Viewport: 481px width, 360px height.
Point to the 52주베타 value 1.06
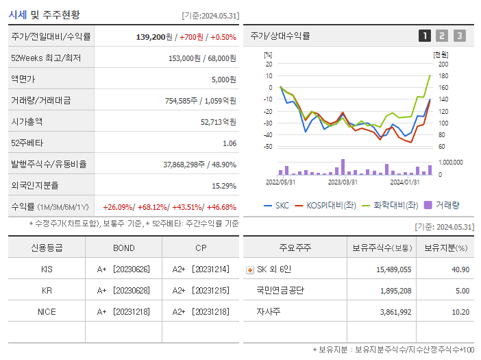pyautogui.click(x=229, y=143)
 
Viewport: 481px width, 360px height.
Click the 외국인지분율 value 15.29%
pyautogui.click(x=223, y=186)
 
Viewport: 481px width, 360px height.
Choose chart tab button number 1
pyautogui.click(x=425, y=36)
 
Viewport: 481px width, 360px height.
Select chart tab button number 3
pyautogui.click(x=459, y=36)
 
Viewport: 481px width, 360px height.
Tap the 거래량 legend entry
pyautogui.click(x=443, y=205)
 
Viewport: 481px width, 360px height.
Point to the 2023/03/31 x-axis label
pyautogui.click(x=343, y=182)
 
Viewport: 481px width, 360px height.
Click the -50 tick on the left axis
pyautogui.click(x=268, y=147)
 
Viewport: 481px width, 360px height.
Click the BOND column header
pyautogui.click(x=123, y=248)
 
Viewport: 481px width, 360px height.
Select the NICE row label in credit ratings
pyautogui.click(x=47, y=311)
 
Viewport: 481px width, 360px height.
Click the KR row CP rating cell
pyautogui.click(x=201, y=291)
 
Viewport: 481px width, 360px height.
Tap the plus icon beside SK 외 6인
pyautogui.click(x=249, y=270)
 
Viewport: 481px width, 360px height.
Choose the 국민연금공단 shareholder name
pyautogui.click(x=280, y=291)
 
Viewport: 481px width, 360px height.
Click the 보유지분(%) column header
pyautogui.click(x=445, y=248)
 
